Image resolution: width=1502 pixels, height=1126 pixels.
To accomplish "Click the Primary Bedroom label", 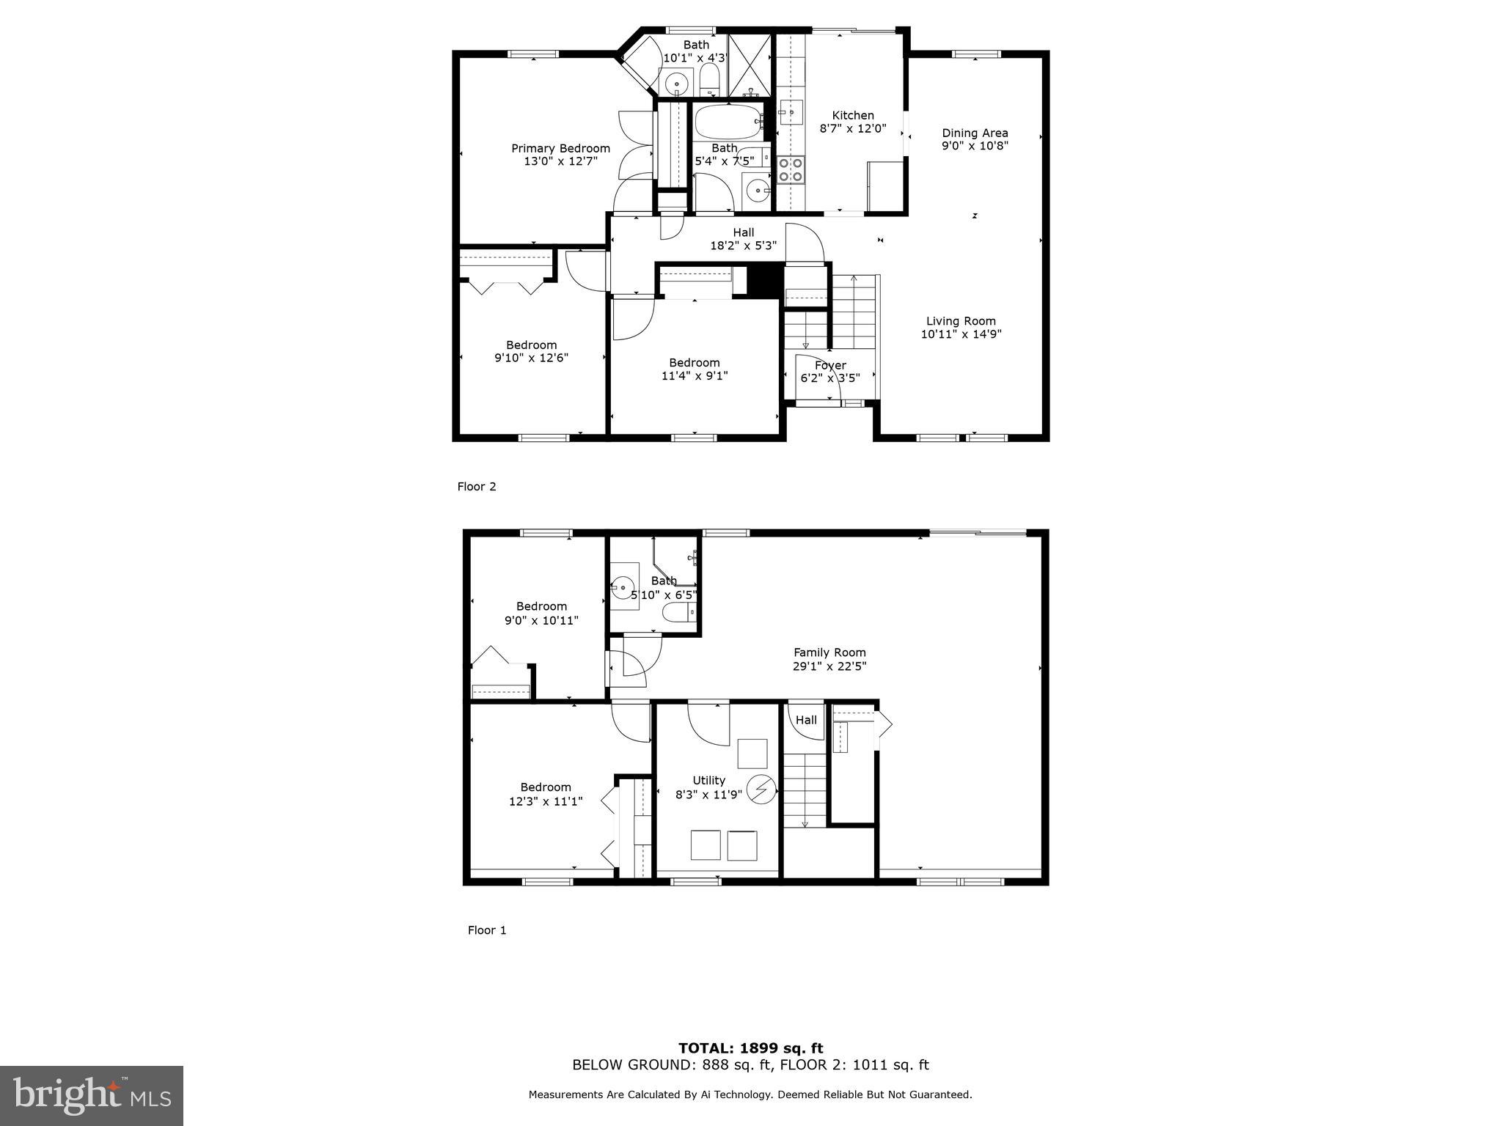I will [560, 149].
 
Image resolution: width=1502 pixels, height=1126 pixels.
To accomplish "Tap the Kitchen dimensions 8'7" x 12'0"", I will [852, 128].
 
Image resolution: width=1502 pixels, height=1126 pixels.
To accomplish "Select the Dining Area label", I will [975, 133].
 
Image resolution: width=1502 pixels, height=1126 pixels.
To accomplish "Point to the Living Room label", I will [961, 321].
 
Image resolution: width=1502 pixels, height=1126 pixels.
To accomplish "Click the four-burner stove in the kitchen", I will [791, 170].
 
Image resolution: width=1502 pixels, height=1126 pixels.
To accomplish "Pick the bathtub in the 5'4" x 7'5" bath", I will [728, 122].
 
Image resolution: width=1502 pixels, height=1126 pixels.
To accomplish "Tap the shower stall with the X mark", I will [750, 66].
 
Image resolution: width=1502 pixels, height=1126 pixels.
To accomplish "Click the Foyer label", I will [830, 365].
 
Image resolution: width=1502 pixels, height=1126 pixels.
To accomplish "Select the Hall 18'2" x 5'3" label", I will [743, 233].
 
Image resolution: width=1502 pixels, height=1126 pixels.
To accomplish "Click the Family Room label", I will [829, 652].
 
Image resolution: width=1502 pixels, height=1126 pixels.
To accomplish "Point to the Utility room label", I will [708, 781].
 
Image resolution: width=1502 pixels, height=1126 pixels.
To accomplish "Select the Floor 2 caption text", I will [477, 487].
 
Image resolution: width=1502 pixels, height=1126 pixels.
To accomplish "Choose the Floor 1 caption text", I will [487, 930].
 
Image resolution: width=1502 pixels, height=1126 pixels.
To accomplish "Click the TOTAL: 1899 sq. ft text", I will [750, 1048].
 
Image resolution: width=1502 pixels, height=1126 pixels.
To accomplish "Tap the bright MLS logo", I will [92, 1096].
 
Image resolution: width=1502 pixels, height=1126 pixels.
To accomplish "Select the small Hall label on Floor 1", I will [806, 721].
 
